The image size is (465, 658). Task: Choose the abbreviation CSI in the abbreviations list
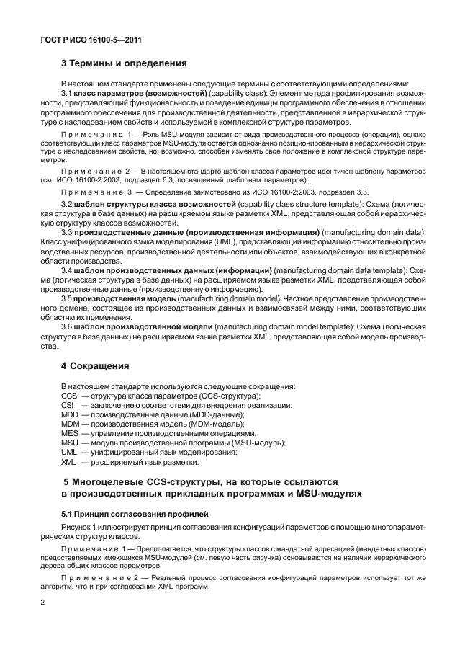pyautogui.click(x=68, y=406)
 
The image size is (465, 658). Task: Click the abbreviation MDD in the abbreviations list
pyautogui.click(x=69, y=415)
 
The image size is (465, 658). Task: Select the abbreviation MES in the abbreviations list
pyautogui.click(x=69, y=433)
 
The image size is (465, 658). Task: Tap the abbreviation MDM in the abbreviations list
pyautogui.click(x=70, y=424)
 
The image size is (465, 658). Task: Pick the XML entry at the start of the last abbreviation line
pyautogui.click(x=68, y=461)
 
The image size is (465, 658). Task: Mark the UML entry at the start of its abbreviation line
pyautogui.click(x=69, y=452)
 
